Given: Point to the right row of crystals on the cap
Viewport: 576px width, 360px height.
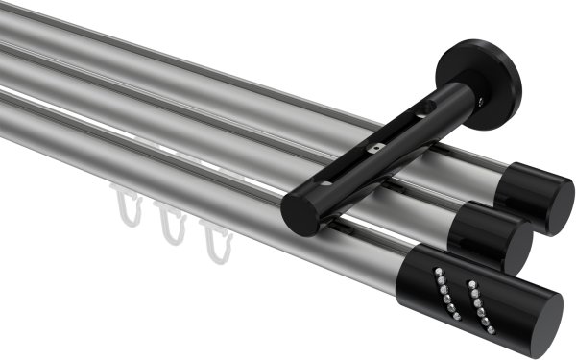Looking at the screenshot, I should [x=474, y=300].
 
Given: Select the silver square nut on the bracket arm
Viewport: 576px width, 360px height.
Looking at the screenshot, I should [x=377, y=149].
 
